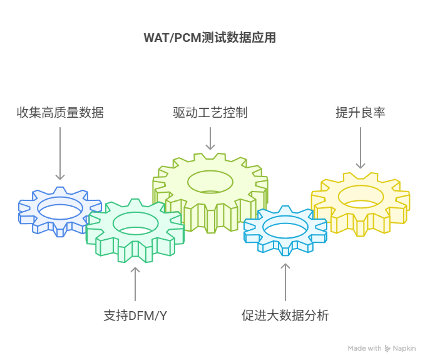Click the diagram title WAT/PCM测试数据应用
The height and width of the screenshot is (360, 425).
(x=210, y=38)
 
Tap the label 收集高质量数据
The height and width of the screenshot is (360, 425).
(x=60, y=113)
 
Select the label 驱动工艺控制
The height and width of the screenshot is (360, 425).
(x=210, y=113)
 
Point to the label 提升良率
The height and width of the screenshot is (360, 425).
(x=361, y=113)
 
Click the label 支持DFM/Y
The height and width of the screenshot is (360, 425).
(x=135, y=316)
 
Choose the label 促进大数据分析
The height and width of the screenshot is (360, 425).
(x=285, y=316)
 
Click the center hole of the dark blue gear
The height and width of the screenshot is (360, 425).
(x=60, y=208)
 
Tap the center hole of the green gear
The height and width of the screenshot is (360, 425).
(x=136, y=224)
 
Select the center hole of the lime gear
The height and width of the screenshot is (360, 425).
(x=210, y=182)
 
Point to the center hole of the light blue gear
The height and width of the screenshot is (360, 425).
(x=285, y=227)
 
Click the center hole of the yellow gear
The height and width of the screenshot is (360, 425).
(x=361, y=197)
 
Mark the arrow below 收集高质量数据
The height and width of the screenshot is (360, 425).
(x=60, y=153)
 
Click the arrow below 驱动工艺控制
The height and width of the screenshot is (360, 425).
(x=210, y=138)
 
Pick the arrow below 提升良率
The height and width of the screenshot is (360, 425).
(x=361, y=148)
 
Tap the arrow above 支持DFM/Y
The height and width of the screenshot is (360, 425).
(x=135, y=284)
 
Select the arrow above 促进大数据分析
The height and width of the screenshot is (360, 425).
(x=285, y=282)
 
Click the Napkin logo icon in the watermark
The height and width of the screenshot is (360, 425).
(x=387, y=349)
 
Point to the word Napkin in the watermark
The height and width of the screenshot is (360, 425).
(x=404, y=348)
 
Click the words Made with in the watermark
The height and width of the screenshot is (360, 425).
(x=364, y=348)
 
